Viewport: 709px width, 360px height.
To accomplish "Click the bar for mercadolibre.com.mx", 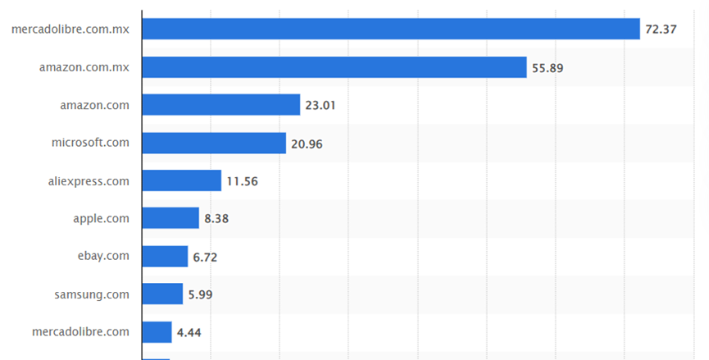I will [391, 29].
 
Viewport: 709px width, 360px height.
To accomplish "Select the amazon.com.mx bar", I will [334, 67].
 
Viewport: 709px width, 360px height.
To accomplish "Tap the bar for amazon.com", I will [221, 105].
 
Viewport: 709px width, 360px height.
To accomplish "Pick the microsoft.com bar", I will [214, 143].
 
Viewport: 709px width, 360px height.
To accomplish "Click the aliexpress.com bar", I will [182, 180].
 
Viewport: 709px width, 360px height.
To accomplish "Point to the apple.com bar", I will [170, 218].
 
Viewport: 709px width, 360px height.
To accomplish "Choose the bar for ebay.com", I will [165, 256].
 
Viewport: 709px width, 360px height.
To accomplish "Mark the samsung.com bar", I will [162, 294].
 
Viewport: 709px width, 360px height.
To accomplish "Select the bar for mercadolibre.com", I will [157, 331].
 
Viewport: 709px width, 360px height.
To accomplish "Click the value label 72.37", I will [661, 30].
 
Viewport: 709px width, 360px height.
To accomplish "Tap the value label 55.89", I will [548, 68].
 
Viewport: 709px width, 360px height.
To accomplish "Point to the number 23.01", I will [320, 106].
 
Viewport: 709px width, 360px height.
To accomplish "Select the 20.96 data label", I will [307, 144].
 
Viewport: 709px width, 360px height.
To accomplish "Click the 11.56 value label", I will [242, 181].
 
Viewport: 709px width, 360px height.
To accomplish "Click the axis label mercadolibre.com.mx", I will [70, 29].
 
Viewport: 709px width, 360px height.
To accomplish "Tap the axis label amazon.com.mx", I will [84, 66].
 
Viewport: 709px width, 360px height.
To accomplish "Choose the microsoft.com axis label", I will [90, 142].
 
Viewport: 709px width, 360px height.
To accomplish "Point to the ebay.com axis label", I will [103, 255].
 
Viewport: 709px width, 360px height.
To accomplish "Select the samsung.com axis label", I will [93, 293].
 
